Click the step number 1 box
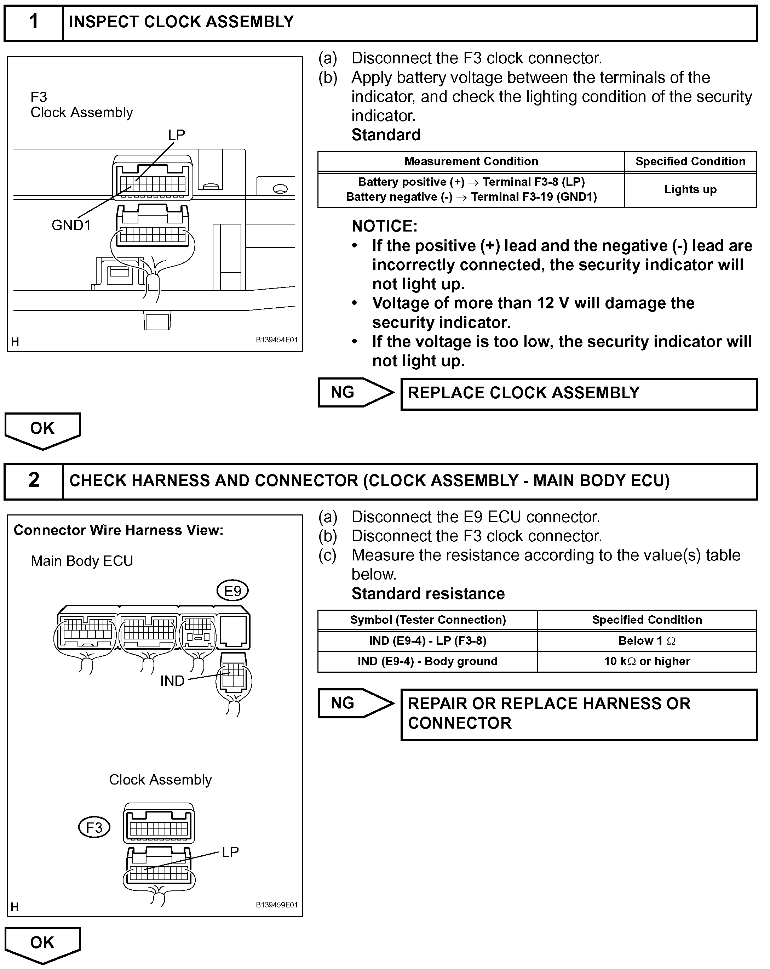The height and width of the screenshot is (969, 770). (x=34, y=22)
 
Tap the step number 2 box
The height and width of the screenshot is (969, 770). (x=34, y=480)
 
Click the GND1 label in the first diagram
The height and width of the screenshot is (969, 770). (x=71, y=225)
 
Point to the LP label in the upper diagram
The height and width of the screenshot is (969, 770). (x=177, y=135)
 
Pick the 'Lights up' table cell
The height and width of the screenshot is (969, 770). (x=690, y=190)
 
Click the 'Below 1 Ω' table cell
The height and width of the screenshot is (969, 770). (x=647, y=641)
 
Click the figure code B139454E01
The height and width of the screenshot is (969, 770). (x=277, y=340)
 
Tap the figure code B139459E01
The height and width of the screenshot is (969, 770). (x=277, y=905)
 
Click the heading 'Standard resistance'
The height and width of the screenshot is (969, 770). (x=428, y=594)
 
